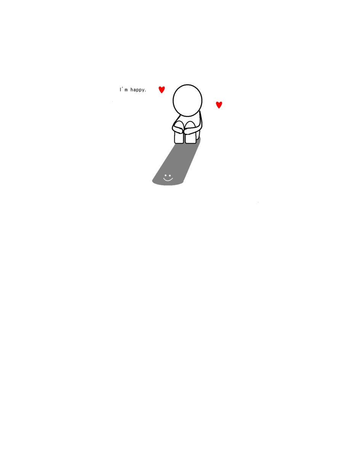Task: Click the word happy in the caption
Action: point(138,90)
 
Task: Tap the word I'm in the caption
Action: point(123,89)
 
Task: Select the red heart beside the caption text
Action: point(162,90)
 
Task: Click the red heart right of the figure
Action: point(219,105)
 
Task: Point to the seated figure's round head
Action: point(187,100)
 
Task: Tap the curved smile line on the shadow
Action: point(168,179)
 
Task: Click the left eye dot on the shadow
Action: point(165,176)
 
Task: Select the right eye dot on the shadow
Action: point(170,176)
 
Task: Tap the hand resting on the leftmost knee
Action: point(178,130)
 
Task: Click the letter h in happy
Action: point(132,89)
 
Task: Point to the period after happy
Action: point(146,91)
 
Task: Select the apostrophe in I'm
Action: point(122,88)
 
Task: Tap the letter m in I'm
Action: point(126,90)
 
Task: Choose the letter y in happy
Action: point(143,90)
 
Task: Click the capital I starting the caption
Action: point(120,90)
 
